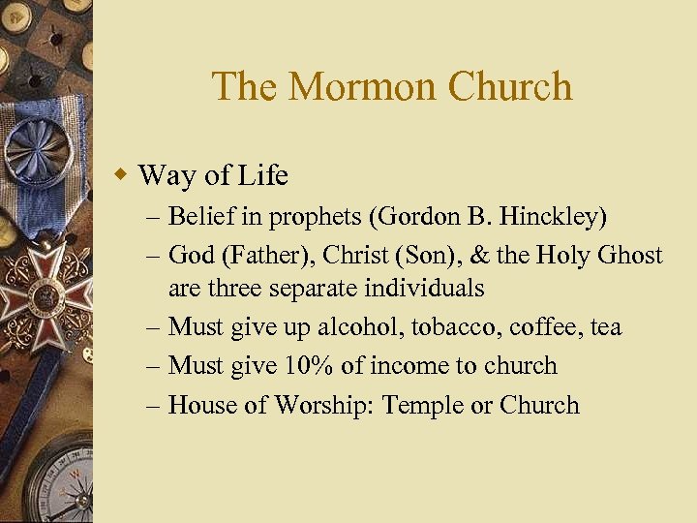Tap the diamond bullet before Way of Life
click(122, 175)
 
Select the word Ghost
click(628, 256)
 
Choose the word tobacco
click(451, 327)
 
